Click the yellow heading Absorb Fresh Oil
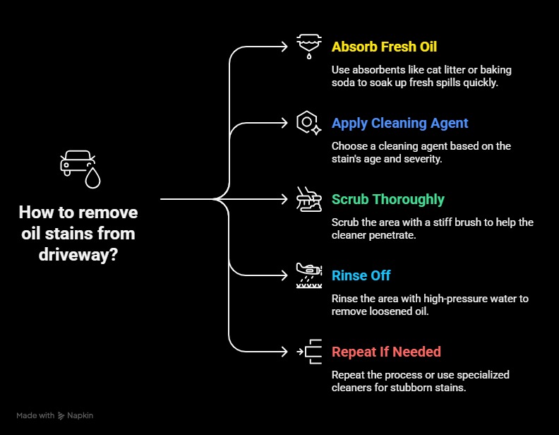point(384,47)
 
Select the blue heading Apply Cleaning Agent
point(399,124)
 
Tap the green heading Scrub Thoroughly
point(388,199)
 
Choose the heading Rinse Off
point(361,275)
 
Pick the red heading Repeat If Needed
point(386,352)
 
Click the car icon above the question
point(78,163)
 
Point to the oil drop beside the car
point(92,177)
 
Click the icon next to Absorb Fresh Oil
point(309,47)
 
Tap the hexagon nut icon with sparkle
point(308,123)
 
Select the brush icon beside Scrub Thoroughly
point(308,199)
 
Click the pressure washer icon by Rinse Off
point(309,275)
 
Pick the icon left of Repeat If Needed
point(309,352)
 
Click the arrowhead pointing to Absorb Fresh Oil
point(284,47)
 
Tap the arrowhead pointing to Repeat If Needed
point(284,352)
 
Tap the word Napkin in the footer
point(80,415)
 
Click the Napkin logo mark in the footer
point(61,416)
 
